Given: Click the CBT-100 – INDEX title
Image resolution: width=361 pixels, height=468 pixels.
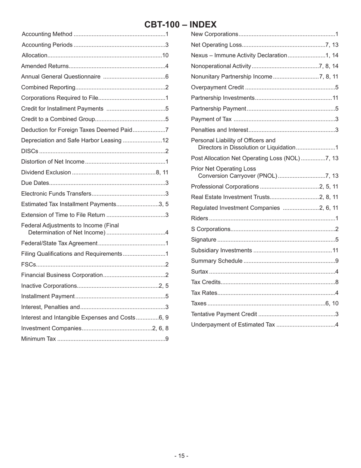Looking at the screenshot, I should coord(180,25).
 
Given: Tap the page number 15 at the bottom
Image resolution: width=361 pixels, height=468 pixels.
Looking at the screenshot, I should coord(181,456).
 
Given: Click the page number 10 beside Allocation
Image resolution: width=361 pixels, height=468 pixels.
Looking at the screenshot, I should coord(165,56).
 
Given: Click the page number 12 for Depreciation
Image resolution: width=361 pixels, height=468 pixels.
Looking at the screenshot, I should coord(165,140).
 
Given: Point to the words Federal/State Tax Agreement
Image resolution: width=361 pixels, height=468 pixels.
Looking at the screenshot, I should coord(59,243).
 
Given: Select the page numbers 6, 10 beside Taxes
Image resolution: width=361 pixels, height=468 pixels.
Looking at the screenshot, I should coord(332,303).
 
